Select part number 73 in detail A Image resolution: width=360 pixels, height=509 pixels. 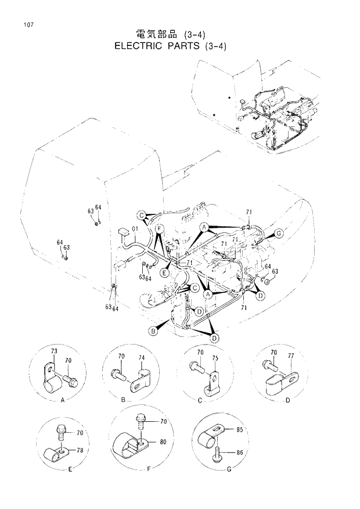pyautogui.click(x=54, y=352)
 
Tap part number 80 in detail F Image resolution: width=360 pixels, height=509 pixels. pyautogui.click(x=163, y=442)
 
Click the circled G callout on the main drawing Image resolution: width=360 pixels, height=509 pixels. pyautogui.click(x=279, y=234)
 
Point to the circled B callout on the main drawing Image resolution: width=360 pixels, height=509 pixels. pyautogui.click(x=153, y=331)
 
